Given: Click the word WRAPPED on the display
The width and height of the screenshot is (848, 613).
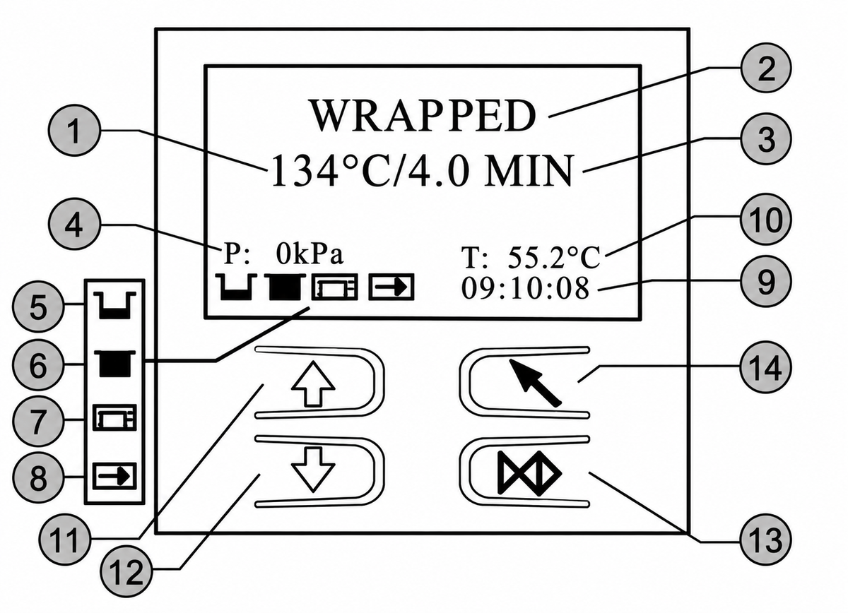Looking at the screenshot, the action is [423, 115].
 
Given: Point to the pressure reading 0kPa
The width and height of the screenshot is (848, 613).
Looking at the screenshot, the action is [310, 254].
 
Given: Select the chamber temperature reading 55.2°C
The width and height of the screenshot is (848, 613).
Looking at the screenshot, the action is [554, 257].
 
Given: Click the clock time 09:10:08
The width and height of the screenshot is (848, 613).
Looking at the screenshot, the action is [526, 288].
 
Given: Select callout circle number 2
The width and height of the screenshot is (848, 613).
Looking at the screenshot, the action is [765, 68].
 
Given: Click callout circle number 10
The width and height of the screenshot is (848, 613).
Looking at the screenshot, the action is [765, 220].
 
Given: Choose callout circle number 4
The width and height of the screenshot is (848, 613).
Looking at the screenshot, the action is [75, 225].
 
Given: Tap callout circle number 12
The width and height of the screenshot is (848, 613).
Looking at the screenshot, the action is [126, 571].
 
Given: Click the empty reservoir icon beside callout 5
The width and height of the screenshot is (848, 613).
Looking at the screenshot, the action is [114, 306].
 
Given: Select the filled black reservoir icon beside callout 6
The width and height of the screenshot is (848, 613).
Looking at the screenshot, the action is [114, 363].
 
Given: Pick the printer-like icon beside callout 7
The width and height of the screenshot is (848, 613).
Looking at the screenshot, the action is [114, 418].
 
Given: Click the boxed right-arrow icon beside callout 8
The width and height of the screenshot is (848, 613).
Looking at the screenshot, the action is [114, 476].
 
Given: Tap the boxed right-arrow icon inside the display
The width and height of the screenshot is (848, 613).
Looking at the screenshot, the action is [391, 287].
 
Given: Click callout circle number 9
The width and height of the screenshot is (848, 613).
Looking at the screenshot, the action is [765, 281].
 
